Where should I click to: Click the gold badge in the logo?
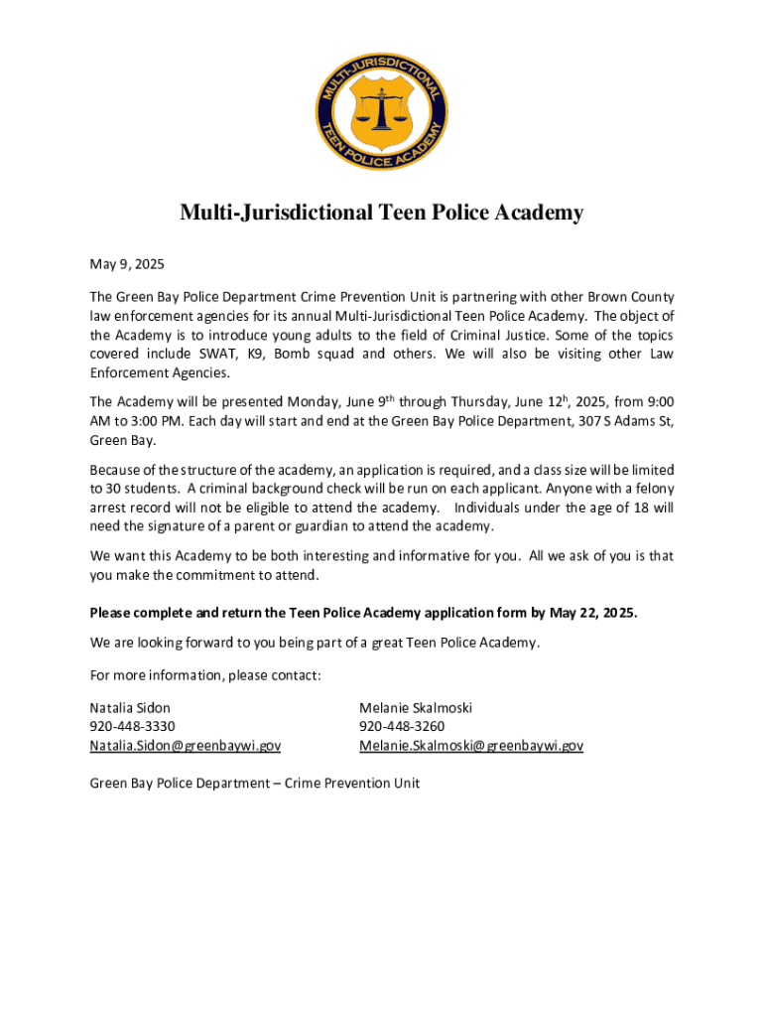tap(382, 105)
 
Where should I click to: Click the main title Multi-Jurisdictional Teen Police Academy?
tap(381, 214)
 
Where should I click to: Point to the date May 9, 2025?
tap(127, 265)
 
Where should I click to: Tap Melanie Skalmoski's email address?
tap(471, 745)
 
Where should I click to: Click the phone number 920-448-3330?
tap(126, 727)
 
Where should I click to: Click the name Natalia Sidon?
tap(130, 708)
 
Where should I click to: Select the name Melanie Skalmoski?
tap(416, 708)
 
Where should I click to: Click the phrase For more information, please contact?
tap(205, 676)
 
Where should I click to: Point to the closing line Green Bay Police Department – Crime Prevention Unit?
tap(255, 783)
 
